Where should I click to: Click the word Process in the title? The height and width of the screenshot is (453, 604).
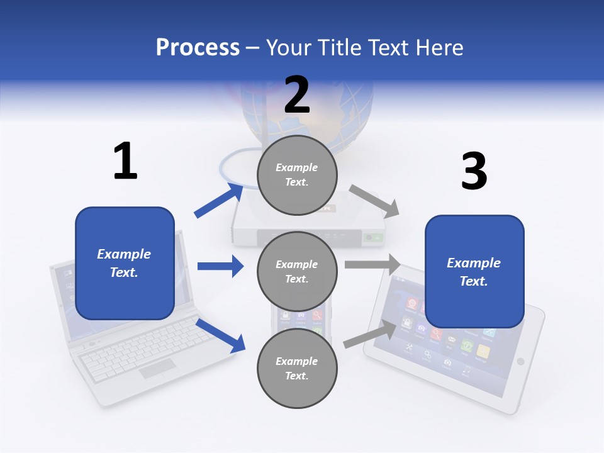[x=198, y=48]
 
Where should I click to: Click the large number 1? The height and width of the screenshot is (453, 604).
[x=125, y=161]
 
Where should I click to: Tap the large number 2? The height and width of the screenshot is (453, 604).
[x=297, y=95]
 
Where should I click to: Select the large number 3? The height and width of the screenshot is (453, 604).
[x=474, y=171]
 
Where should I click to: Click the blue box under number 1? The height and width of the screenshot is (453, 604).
[x=125, y=263]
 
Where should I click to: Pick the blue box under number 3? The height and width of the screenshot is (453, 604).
[x=474, y=272]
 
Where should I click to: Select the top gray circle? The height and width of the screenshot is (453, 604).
[x=297, y=175]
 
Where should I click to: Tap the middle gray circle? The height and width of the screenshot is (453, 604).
[x=297, y=272]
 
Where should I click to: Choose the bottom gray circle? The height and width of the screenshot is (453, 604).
[x=297, y=369]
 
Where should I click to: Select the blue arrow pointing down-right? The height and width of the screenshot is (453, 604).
[x=220, y=335]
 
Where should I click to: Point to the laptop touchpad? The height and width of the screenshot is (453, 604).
[x=157, y=369]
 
